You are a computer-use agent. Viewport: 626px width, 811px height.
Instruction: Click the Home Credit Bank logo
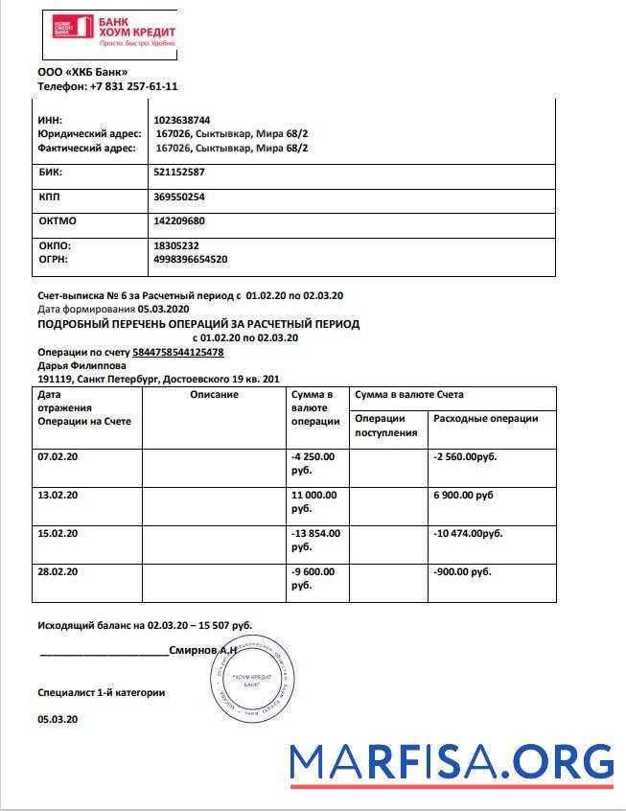114,34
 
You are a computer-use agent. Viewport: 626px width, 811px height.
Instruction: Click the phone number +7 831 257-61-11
134,86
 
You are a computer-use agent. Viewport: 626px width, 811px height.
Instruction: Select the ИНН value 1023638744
182,120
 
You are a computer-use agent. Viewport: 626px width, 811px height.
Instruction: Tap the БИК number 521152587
179,173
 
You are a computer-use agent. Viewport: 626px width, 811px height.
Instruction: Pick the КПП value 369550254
179,197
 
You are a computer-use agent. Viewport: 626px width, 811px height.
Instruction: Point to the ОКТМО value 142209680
179,221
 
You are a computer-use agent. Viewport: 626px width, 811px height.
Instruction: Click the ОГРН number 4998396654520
190,259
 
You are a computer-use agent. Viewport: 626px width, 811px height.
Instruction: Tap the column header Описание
214,395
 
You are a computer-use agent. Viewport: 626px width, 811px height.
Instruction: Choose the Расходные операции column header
486,419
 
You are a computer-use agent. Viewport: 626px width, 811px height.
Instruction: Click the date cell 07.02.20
58,457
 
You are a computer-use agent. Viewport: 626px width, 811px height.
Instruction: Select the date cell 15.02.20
58,533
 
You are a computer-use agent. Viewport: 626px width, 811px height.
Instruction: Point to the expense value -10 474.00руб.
468,533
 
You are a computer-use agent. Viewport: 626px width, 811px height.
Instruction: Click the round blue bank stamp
250,682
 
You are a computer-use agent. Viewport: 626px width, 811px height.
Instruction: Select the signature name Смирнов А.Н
202,650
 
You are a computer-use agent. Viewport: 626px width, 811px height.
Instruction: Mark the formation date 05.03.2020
165,310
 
